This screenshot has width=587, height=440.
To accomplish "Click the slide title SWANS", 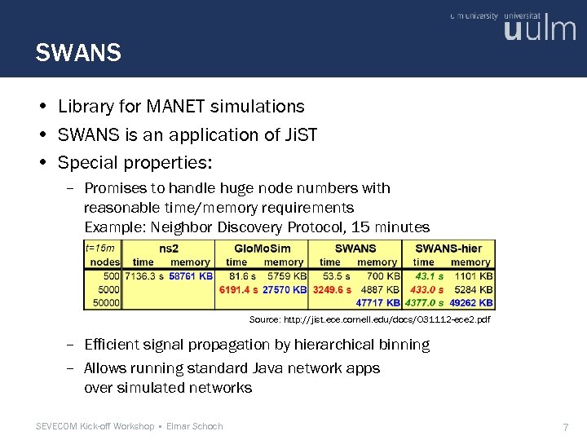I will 78,54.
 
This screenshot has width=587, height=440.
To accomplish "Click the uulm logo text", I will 540,30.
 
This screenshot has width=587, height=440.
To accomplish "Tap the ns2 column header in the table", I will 169,248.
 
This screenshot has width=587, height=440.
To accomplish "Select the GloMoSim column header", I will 262,248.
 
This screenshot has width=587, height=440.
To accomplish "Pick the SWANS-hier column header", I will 448,248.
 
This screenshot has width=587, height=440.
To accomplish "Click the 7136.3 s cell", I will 145,276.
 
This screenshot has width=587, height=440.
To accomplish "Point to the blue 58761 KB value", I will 192,276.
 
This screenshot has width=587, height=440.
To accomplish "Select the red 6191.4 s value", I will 238,289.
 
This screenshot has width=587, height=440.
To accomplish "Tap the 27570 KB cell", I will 285,289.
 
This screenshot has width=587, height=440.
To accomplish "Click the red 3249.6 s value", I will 331,289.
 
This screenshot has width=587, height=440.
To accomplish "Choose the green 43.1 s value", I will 430,276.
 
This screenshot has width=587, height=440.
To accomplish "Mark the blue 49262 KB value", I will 471,302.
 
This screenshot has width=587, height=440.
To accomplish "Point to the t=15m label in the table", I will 100,248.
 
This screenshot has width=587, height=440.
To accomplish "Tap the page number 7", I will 566,427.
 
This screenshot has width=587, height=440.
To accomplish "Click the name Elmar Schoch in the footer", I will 194,426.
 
